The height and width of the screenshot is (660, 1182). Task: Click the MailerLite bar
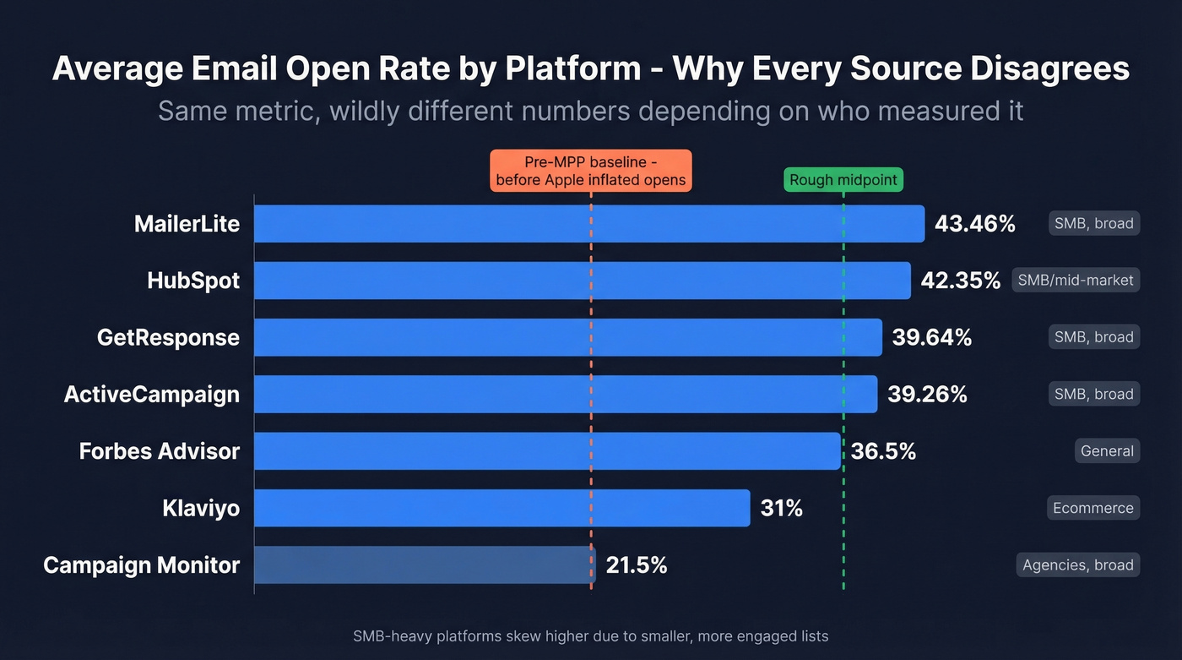click(x=588, y=224)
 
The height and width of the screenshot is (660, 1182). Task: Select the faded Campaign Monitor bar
click(x=424, y=565)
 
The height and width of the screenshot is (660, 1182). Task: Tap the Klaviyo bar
click(x=502, y=508)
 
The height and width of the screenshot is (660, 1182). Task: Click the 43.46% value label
click(x=974, y=224)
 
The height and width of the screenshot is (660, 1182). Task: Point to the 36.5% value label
click(x=883, y=451)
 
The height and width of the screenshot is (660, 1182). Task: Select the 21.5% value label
click(x=637, y=565)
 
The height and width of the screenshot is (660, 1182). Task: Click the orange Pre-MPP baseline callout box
click(x=591, y=171)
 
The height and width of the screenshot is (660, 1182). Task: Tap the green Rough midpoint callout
click(x=843, y=180)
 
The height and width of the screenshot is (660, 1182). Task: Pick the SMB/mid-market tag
click(x=1076, y=280)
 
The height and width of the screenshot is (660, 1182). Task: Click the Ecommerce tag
click(x=1093, y=508)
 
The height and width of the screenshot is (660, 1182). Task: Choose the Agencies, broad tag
click(x=1077, y=565)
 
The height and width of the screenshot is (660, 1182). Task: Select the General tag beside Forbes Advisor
click(x=1106, y=451)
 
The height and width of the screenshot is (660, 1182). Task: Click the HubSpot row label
click(x=193, y=281)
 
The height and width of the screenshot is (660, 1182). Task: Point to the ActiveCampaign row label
click(x=152, y=395)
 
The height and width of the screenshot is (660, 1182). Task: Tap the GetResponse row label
click(x=168, y=337)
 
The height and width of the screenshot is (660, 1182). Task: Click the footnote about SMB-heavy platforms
click(x=590, y=636)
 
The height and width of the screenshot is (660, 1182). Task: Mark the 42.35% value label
click(x=960, y=281)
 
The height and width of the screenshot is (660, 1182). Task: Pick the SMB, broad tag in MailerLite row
click(x=1093, y=224)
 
